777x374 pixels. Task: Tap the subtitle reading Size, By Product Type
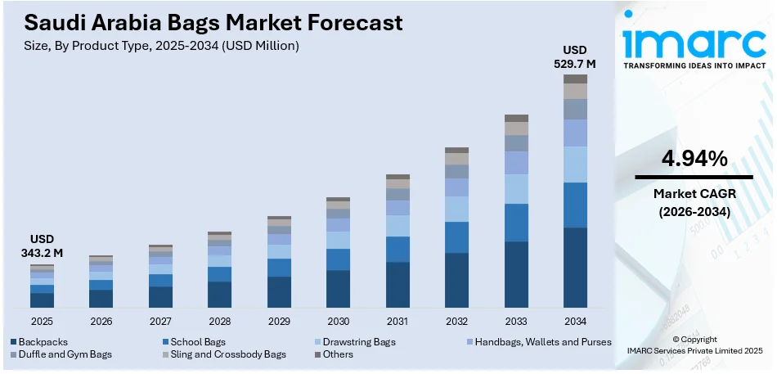(155, 46)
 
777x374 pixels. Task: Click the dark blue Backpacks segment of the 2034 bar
(576, 267)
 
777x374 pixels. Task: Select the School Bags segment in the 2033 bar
(516, 223)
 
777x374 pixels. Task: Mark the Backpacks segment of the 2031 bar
(397, 284)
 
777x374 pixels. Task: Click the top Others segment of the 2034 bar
(576, 79)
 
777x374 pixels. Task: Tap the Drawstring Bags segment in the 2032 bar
(456, 209)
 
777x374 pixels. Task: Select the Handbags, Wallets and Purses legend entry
(541, 341)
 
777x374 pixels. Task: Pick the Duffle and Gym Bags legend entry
(61, 354)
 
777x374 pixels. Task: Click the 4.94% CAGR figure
(694, 159)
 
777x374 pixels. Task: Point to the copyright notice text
(694, 345)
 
